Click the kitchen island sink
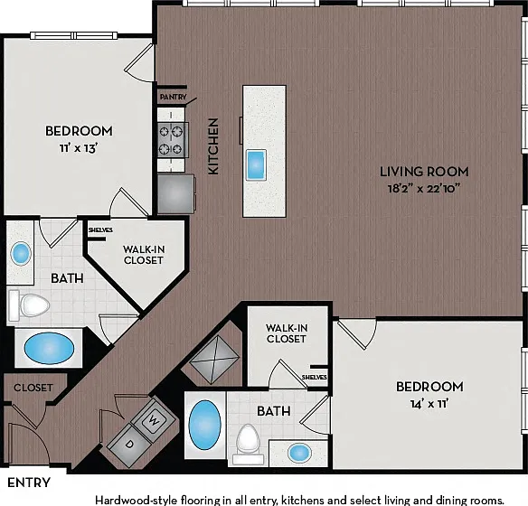point(256,164)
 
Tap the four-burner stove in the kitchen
point(173,140)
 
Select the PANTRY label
point(173,97)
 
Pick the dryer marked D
point(129,445)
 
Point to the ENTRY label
point(29,483)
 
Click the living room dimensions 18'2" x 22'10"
point(424,189)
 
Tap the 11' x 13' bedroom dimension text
point(79,148)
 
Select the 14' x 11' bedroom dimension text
point(429,403)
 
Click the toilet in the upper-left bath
point(29,305)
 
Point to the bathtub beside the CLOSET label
point(49,348)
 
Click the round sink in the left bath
point(21,253)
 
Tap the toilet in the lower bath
point(248,444)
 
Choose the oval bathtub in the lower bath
point(204,425)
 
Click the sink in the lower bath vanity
point(299,453)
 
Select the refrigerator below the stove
point(176,193)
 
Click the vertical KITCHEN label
point(213,146)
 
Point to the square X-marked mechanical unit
point(214,360)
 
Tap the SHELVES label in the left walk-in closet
point(100,230)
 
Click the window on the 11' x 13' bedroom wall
point(74,35)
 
